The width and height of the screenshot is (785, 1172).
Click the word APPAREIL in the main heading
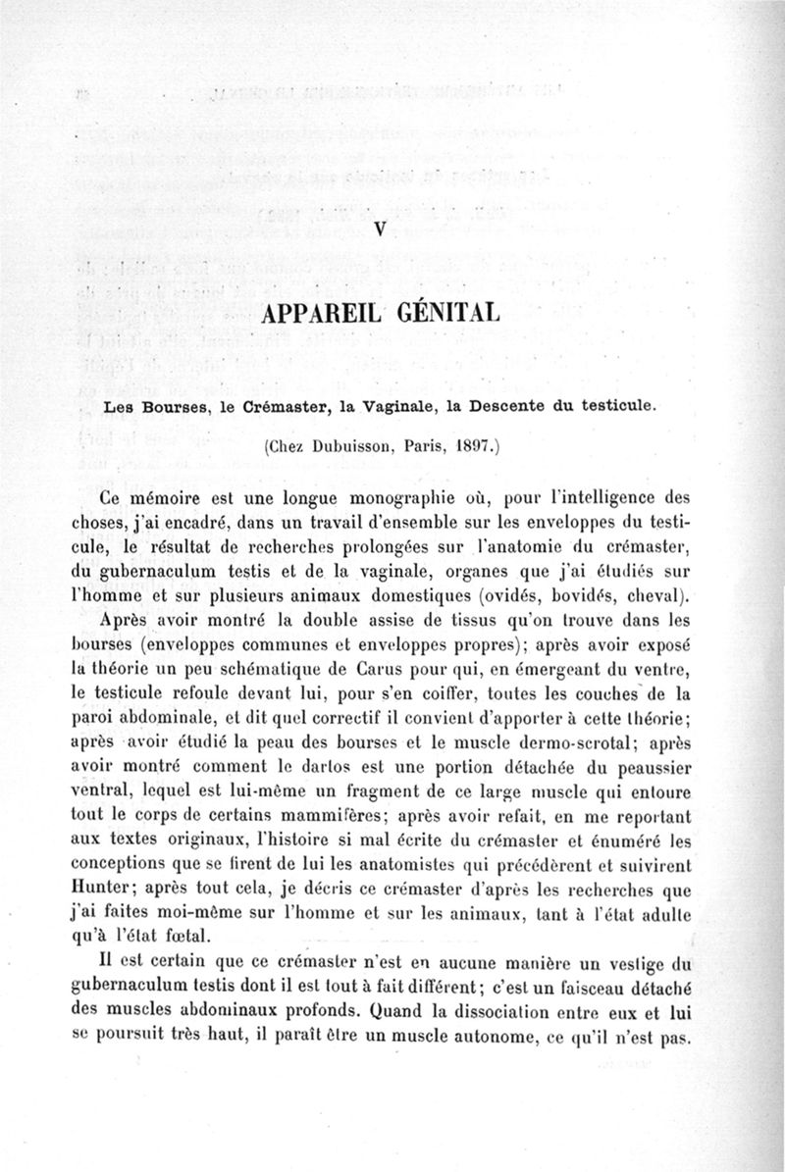click(321, 316)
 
